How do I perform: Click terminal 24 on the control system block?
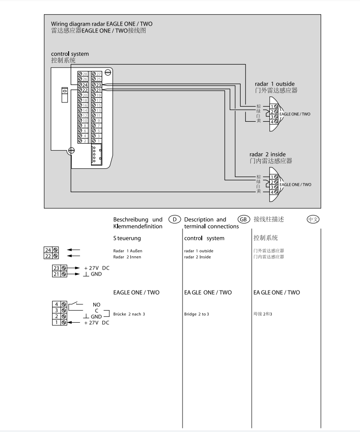pyautogui.click(x=83, y=85)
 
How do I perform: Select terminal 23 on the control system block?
pyautogui.click(x=97, y=85)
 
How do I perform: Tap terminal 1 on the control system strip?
pyautogui.click(x=97, y=141)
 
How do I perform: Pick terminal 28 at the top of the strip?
pyautogui.click(x=83, y=74)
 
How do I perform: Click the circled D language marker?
pyautogui.click(x=175, y=219)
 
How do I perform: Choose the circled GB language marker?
pyautogui.click(x=243, y=219)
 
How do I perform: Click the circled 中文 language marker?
pyautogui.click(x=313, y=219)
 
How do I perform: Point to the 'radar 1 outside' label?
pyautogui.click(x=274, y=84)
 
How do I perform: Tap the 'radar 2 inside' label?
pyautogui.click(x=268, y=154)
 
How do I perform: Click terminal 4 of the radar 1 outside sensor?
pyautogui.click(x=274, y=122)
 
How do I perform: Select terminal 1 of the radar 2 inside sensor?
pyautogui.click(x=274, y=177)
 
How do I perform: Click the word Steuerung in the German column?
pyautogui.click(x=127, y=238)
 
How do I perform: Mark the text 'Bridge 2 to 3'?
pyautogui.click(x=197, y=314)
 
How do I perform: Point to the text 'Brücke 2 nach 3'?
pyautogui.click(x=129, y=314)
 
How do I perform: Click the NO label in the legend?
pyautogui.click(x=97, y=305)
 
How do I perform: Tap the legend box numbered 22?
pyautogui.click(x=51, y=256)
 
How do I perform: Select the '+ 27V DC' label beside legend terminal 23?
pyautogui.click(x=97, y=268)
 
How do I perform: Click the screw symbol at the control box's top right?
pyautogui.click(x=108, y=72)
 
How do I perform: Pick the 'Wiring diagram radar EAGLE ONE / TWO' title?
pyautogui.click(x=102, y=24)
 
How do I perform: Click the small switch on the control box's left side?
pyautogui.click(x=64, y=95)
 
